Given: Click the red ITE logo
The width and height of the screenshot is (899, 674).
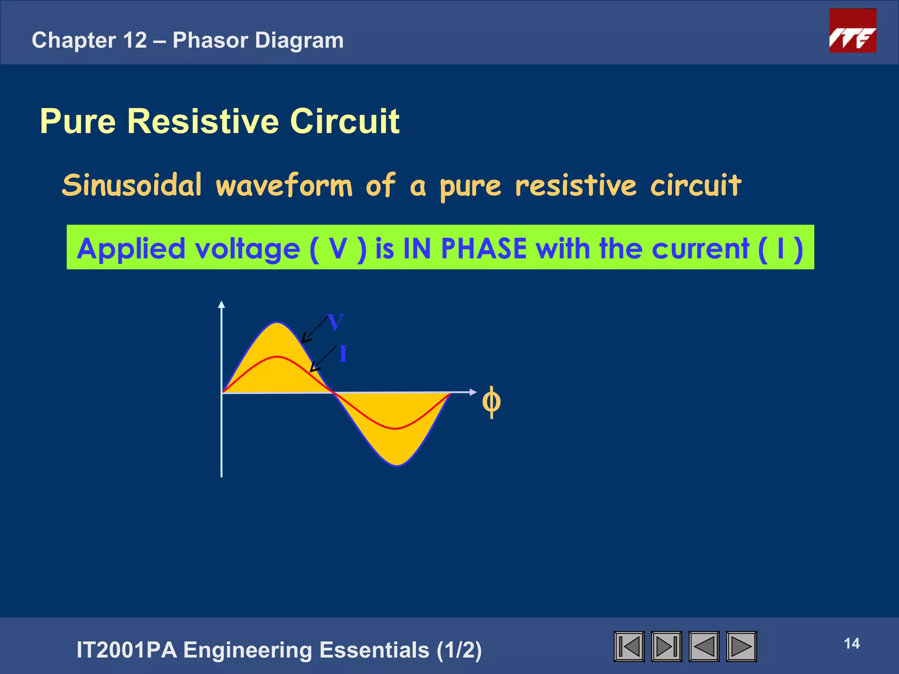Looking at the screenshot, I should [852, 31].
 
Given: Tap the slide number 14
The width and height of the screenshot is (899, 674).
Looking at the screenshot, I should [852, 644].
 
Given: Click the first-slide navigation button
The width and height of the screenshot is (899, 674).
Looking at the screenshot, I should [629, 646].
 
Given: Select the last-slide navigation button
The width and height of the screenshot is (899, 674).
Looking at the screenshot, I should [666, 646].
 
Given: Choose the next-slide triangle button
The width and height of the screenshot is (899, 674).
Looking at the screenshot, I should [741, 646].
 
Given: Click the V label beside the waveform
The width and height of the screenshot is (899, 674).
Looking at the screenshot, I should [335, 323].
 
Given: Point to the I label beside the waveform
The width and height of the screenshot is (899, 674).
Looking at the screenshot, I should [343, 354].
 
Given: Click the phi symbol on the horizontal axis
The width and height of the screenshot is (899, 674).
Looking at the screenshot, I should [491, 402].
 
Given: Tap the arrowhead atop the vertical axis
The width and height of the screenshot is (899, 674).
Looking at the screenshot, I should [222, 304].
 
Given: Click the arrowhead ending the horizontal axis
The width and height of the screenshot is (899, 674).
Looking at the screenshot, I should [473, 392].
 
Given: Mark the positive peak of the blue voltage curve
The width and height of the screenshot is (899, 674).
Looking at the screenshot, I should [277, 323].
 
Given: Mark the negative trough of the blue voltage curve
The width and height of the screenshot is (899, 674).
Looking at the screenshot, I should [397, 465].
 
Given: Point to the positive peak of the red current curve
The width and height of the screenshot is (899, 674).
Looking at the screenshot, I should [277, 357].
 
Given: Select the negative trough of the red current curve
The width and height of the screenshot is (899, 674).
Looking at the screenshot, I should [396, 428].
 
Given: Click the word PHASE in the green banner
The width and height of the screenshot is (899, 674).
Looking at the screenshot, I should [483, 248].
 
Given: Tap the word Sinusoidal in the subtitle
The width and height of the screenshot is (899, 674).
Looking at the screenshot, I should [132, 185].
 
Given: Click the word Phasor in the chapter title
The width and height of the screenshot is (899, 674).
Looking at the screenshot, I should [210, 40].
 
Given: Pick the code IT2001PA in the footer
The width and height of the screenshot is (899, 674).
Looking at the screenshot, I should [126, 650].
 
